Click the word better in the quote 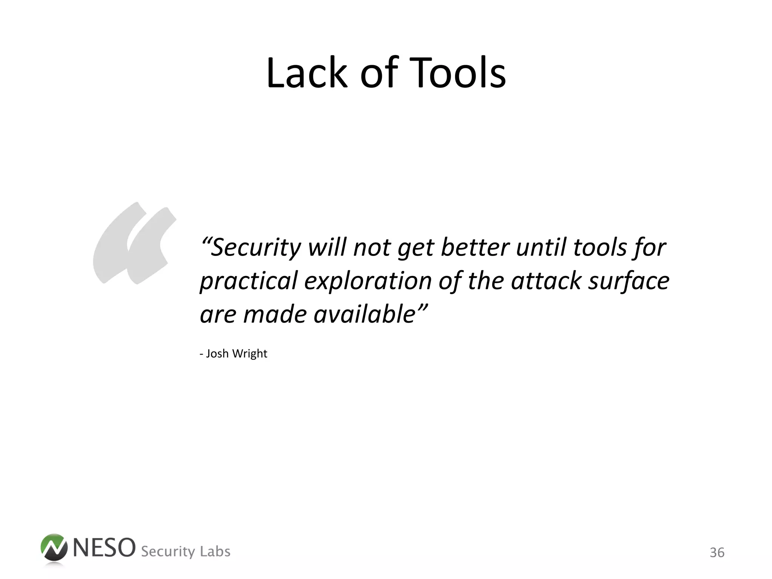(475, 248)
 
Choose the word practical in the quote (249, 281)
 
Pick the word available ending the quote (364, 314)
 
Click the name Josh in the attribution (217, 354)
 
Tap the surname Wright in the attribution (250, 354)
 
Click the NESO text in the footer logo (104, 548)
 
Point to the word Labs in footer (215, 551)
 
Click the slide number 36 (717, 553)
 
